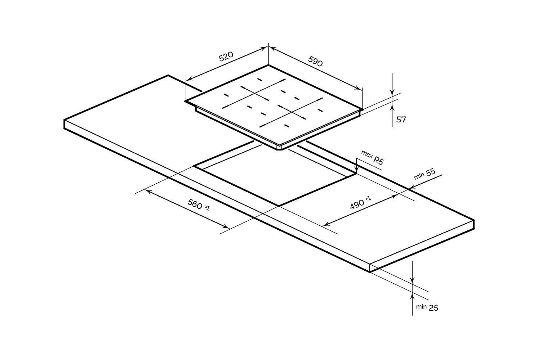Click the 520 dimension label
coord(226,57)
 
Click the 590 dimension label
coord(315,61)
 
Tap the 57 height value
coord(401,120)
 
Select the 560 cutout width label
coord(195,204)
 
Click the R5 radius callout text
coord(378,160)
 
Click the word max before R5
coord(366,155)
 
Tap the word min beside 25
coord(421,307)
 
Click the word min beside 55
coord(419,176)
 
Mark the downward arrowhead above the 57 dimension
coord(392,93)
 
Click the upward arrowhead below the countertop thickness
coord(412,296)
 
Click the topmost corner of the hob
coord(268,65)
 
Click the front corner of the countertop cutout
coord(279,206)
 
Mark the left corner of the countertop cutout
coord(194,166)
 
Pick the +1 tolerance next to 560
coord(207,208)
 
